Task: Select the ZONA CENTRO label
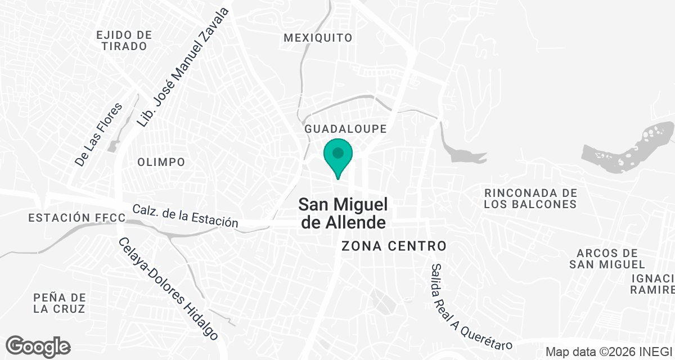(x=394, y=246)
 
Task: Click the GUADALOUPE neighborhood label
(x=345, y=129)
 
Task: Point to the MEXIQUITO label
(x=318, y=38)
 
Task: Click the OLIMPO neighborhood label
(x=161, y=162)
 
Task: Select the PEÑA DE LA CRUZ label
(x=59, y=303)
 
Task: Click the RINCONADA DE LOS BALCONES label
(x=530, y=198)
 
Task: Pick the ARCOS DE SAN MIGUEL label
(x=606, y=259)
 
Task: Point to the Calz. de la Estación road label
(x=185, y=215)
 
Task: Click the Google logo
(x=38, y=346)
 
